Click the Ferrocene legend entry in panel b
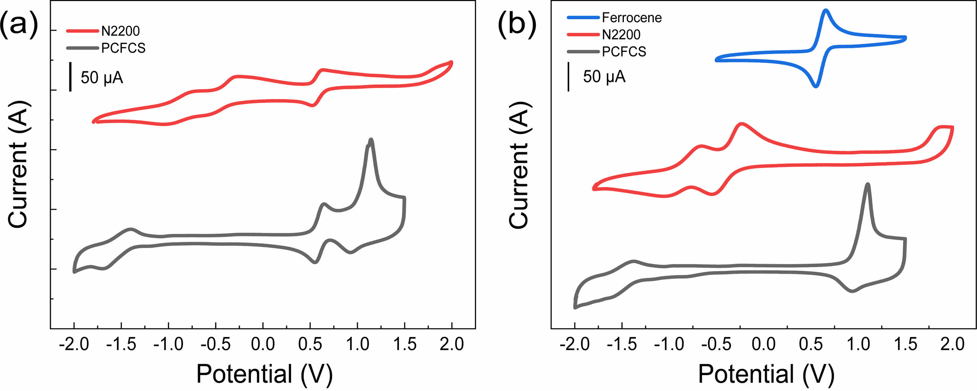tap(631, 18)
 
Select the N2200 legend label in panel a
tap(120, 31)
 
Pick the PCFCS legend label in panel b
tap(624, 52)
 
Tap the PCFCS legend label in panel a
tap(123, 48)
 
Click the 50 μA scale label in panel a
tap(102, 78)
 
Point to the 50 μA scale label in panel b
tap(604, 77)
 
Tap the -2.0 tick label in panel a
tap(74, 344)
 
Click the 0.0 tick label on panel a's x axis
tap(263, 344)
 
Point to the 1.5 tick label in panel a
tap(404, 344)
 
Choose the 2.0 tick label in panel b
tap(952, 344)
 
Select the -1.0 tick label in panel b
tap(669, 344)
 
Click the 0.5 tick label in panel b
tap(811, 344)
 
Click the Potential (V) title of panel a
tap(264, 374)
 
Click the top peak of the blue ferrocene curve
tap(826, 10)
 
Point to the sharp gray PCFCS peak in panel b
tap(868, 185)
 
